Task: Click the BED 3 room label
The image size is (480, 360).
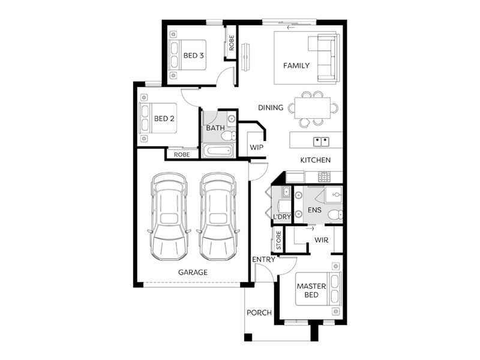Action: click(193, 55)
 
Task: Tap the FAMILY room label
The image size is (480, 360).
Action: click(296, 65)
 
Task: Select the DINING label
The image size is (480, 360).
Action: click(271, 108)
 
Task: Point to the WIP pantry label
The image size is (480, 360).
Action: click(257, 147)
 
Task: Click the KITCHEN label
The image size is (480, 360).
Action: click(316, 160)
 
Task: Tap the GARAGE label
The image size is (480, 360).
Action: click(193, 272)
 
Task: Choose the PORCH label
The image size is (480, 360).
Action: click(259, 313)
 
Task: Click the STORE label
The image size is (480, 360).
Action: click(278, 241)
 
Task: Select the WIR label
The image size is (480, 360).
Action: click(322, 240)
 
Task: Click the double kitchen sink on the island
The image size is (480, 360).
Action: click(321, 142)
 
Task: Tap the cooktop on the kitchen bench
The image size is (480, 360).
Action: click(324, 176)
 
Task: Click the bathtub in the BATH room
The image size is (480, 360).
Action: click(218, 151)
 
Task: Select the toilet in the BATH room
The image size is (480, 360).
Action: click(229, 136)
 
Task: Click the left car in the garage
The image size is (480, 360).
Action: click(169, 217)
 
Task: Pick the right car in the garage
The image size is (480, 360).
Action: click(218, 217)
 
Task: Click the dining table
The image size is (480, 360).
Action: click(313, 108)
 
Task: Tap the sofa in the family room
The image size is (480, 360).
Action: click(325, 58)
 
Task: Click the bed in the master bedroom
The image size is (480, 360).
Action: click(319, 289)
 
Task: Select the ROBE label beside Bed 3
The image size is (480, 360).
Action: click(232, 43)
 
